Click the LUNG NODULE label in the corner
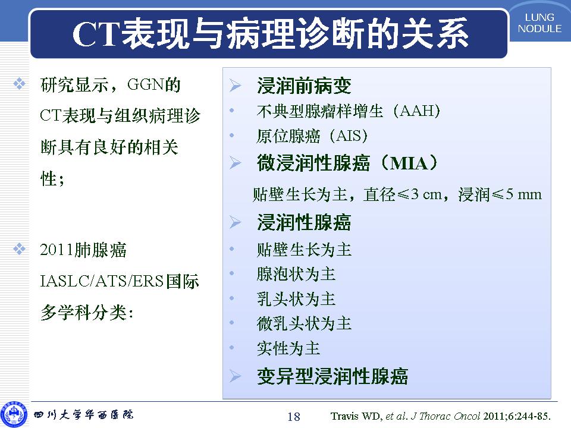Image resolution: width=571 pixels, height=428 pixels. [539, 23]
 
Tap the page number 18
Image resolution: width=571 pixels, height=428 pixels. [294, 416]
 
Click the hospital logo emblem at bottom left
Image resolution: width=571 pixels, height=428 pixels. [14, 414]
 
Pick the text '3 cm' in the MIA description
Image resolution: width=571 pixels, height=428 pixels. [426, 194]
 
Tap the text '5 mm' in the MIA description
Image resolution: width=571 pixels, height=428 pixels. [523, 194]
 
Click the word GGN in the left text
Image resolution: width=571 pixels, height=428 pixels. [145, 84]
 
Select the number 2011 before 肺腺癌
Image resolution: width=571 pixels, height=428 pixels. [57, 250]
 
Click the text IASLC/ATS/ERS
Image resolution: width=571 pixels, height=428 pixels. [102, 281]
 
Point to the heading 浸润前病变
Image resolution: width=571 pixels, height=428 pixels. [304, 86]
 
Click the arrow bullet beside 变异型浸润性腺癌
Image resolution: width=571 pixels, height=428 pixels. [236, 376]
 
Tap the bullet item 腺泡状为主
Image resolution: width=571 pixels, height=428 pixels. [296, 274]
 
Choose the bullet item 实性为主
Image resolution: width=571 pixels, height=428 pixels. [288, 348]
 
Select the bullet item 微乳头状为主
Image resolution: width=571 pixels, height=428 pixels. [304, 323]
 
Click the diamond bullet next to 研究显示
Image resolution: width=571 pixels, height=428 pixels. [19, 84]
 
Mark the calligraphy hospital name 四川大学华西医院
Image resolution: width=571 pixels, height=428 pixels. [83, 414]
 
